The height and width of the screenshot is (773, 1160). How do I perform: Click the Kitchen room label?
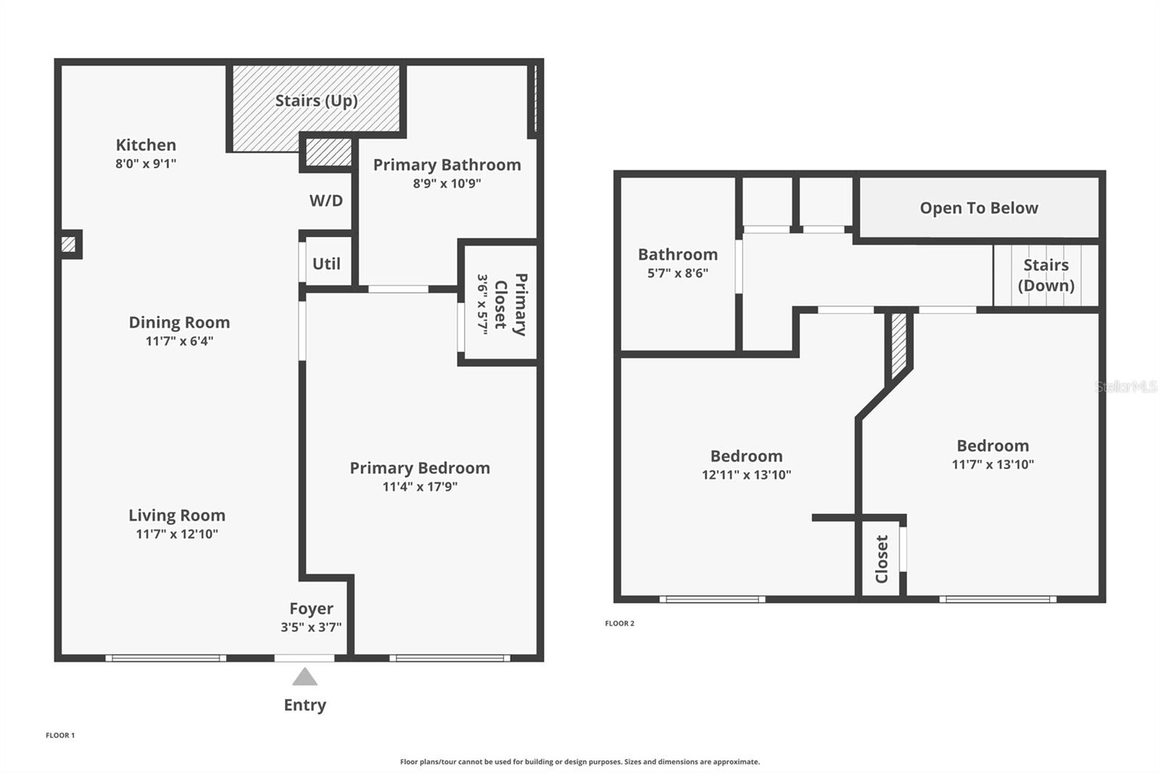click(x=146, y=144)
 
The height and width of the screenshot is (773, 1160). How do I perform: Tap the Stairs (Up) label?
click(x=316, y=101)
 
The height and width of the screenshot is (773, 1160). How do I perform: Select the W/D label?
click(x=326, y=201)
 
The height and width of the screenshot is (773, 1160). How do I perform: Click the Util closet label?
click(x=326, y=264)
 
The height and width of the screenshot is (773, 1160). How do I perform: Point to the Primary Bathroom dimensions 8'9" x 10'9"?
click(x=447, y=183)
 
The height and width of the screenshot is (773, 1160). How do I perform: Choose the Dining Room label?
click(x=179, y=322)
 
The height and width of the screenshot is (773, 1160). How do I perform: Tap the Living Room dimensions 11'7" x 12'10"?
click(x=177, y=534)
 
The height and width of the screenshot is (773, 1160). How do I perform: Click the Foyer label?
click(x=311, y=608)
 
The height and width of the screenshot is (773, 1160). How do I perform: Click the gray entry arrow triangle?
click(x=304, y=677)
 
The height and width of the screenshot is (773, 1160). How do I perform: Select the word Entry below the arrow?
click(x=305, y=705)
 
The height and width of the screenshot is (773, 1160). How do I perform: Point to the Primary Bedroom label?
click(x=420, y=468)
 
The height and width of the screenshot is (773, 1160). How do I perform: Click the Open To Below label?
click(x=979, y=208)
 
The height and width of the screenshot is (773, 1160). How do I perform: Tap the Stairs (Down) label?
click(x=1046, y=275)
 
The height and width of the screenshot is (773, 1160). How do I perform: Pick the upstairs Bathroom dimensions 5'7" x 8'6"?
click(x=678, y=273)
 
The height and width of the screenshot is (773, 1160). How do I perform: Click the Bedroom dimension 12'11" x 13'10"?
click(x=746, y=474)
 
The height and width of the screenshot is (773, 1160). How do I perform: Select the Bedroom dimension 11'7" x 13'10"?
click(x=993, y=464)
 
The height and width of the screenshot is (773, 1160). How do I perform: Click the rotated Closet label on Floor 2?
click(x=882, y=559)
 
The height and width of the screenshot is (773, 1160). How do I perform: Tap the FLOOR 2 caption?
click(x=619, y=624)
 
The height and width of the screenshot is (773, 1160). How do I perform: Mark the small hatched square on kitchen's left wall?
click(x=68, y=244)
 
